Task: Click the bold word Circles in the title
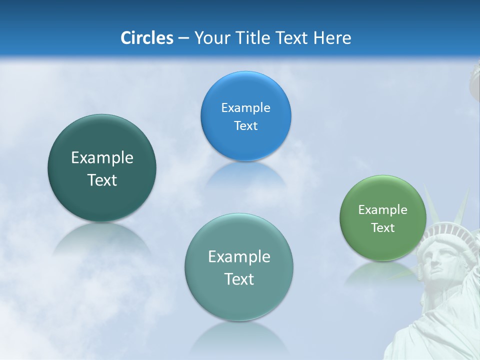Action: [146, 38]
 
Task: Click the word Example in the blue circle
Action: [245, 107]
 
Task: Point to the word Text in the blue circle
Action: [245, 125]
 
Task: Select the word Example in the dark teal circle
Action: [102, 158]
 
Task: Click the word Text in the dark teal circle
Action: [102, 180]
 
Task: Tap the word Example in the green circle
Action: [382, 209]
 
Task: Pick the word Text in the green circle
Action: [382, 227]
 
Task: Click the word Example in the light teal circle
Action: [239, 257]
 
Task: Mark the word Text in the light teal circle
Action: [239, 279]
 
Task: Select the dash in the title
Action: [183, 38]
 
